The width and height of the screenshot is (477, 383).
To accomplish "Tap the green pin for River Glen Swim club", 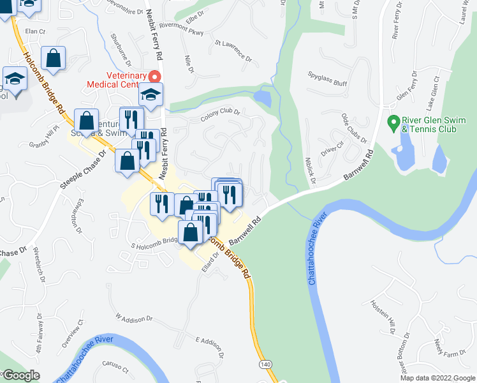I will pyautogui.click(x=394, y=120).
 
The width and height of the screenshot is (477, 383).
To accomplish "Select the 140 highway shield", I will pyautogui.click(x=265, y=364).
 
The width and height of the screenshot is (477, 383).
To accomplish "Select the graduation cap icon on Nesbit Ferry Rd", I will pyautogui.click(x=151, y=95).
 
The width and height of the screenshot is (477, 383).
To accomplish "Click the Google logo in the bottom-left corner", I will pyautogui.click(x=20, y=375).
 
